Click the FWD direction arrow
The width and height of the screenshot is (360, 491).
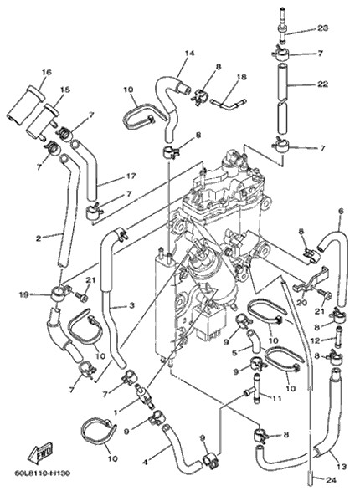[39, 453]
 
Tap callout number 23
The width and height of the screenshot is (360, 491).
[322, 28]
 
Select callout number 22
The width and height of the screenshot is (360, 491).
[322, 84]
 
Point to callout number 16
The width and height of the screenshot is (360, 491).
[47, 72]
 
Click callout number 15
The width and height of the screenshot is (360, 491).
[65, 90]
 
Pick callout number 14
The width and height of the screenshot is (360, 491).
[189, 54]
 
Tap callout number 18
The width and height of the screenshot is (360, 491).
[242, 77]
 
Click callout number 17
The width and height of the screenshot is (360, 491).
[131, 176]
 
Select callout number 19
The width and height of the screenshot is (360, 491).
[25, 294]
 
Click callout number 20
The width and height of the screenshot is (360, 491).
[303, 303]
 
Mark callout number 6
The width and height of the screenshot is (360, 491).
[341, 211]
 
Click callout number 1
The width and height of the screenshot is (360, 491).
[116, 412]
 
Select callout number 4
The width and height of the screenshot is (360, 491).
[145, 461]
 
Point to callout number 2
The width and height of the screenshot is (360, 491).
[39, 238]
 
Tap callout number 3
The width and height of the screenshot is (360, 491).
[131, 304]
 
